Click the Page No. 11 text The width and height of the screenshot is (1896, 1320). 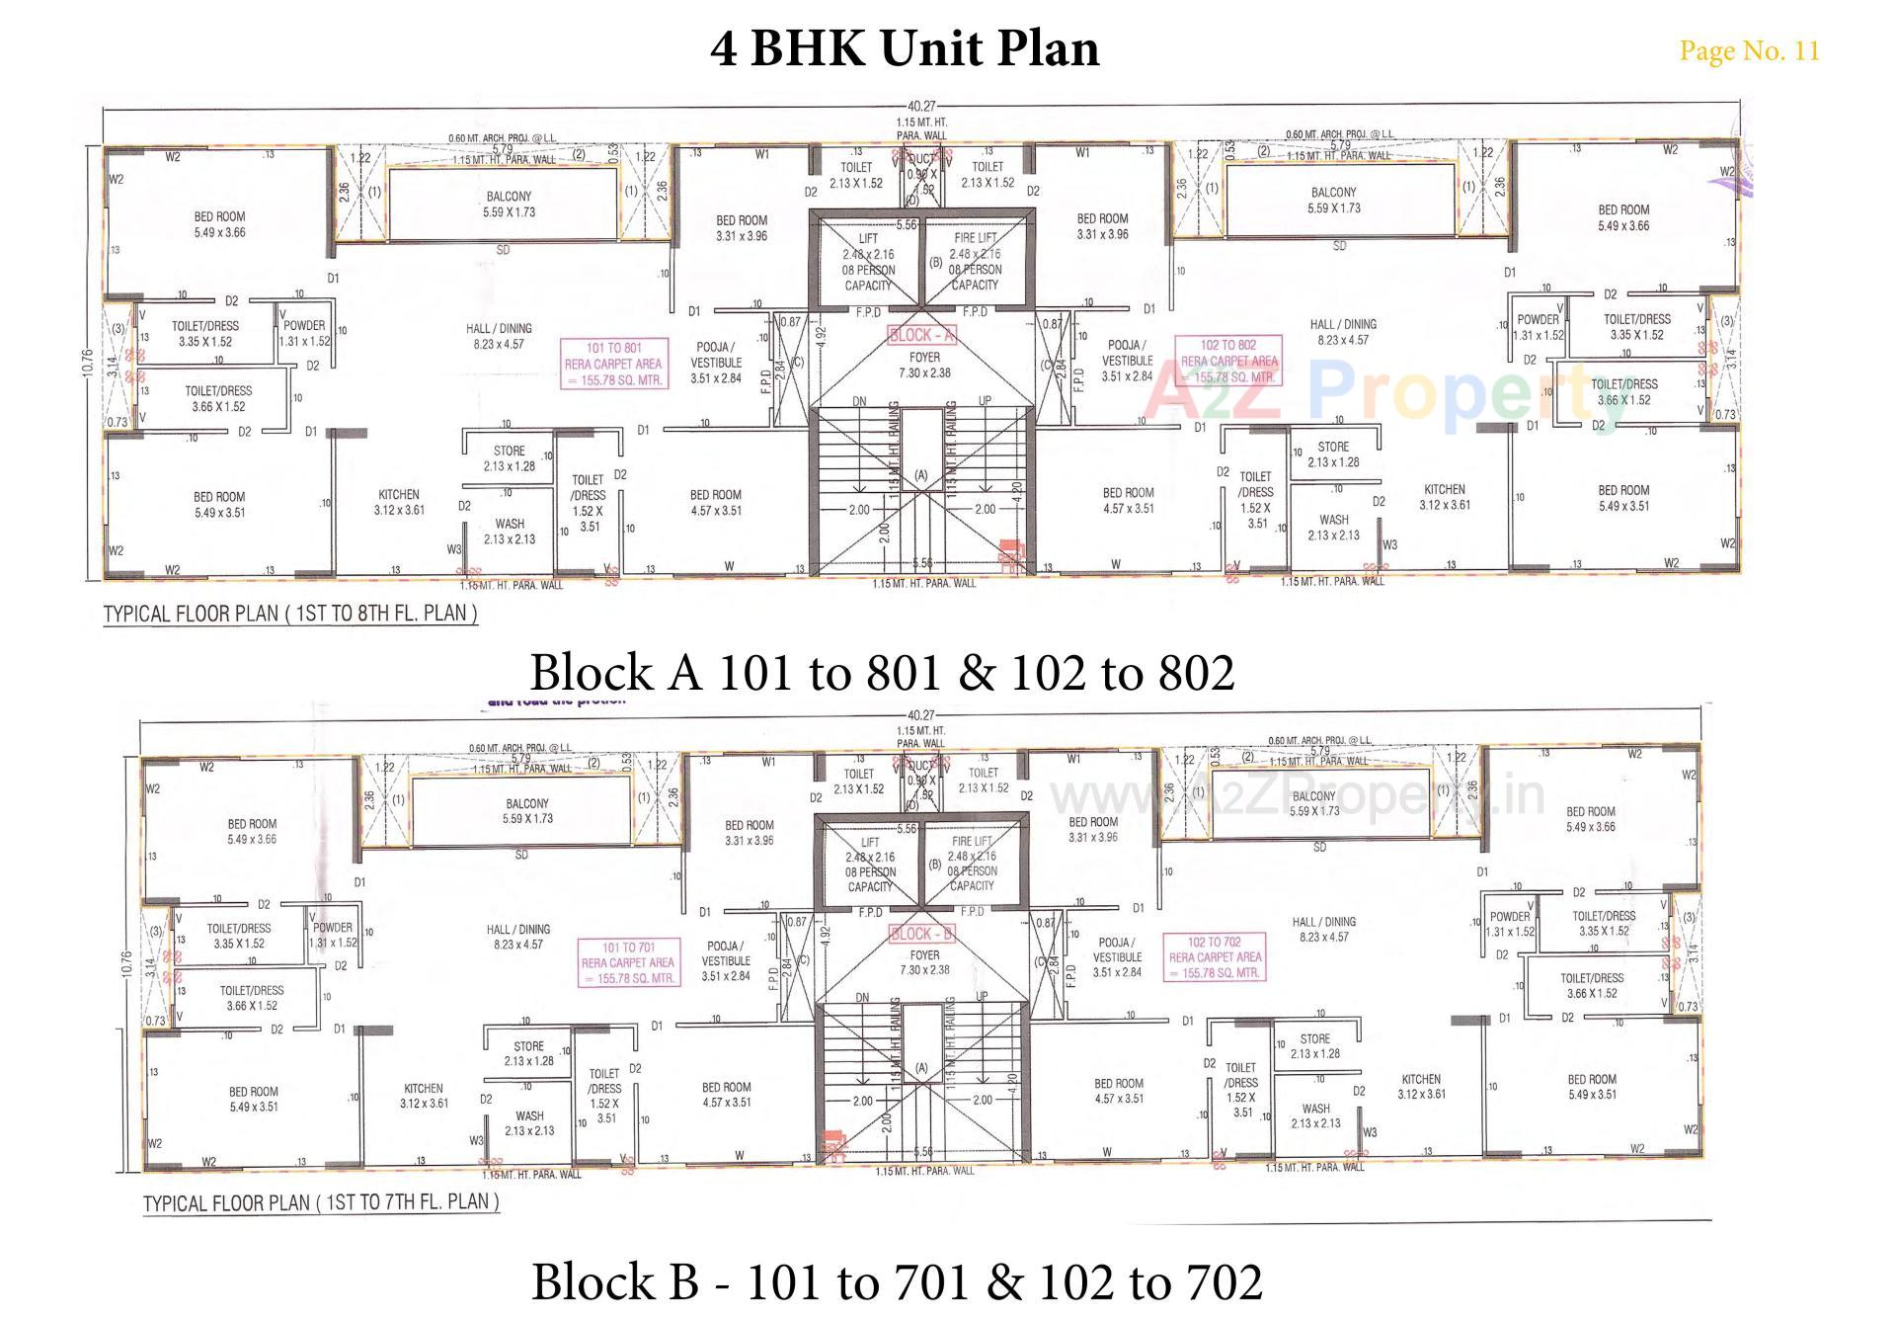point(1749,50)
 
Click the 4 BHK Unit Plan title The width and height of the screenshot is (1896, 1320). point(904,47)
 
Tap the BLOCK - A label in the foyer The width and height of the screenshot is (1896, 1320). point(921,336)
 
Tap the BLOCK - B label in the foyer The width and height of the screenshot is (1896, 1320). point(921,934)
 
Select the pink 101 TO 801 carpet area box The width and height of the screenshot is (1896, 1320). point(613,364)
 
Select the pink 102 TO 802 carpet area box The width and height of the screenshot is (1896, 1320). point(1228,361)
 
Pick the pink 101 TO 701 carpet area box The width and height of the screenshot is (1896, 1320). point(628,962)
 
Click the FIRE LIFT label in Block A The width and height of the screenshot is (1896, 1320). point(975,238)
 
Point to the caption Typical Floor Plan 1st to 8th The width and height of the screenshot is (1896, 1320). point(290,614)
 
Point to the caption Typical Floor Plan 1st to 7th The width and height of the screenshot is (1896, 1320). point(321,1202)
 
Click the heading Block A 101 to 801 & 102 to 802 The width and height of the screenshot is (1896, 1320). point(882,672)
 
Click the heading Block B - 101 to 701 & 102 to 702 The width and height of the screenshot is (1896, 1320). point(897,1281)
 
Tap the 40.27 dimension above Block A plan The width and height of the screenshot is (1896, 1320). point(920,107)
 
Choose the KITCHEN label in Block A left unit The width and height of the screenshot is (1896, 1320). point(399,495)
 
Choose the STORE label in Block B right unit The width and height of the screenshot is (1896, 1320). point(1314,1039)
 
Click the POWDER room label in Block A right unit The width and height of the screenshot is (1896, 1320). point(1538,320)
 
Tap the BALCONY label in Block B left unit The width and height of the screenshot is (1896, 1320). point(527,804)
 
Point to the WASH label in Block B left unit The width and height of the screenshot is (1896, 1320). point(529,1116)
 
